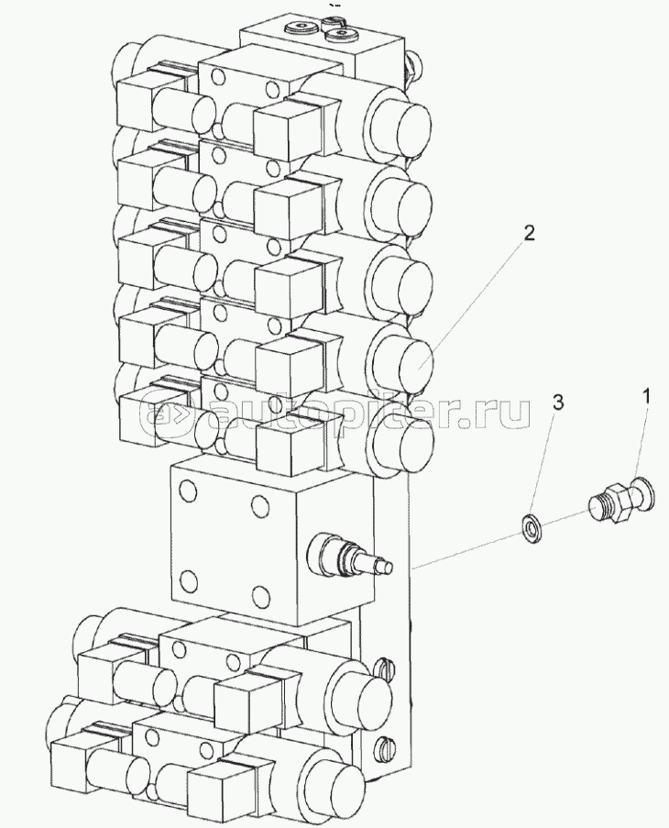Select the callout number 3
558,403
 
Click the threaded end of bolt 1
598,508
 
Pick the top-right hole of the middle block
259,505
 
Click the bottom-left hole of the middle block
188,580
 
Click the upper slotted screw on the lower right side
384,668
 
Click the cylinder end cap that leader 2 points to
416,364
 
